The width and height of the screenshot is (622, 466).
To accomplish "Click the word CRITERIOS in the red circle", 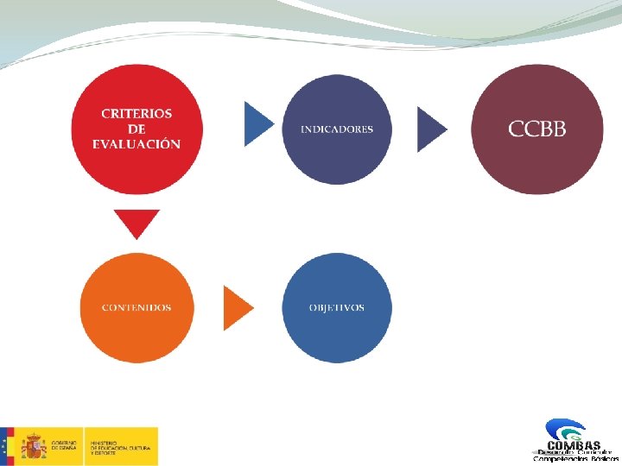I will [136, 113].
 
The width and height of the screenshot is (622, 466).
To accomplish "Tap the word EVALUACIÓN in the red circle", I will [136, 144].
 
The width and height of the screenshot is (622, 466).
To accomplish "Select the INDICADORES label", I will [337, 129].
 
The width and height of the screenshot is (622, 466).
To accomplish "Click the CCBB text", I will [537, 129].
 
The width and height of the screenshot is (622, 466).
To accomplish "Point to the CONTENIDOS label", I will [136, 308].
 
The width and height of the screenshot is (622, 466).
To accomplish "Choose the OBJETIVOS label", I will [337, 308].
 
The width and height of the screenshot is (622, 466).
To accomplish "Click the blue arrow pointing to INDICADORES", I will [257, 124].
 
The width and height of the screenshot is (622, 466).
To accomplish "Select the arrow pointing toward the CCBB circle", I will [431, 129].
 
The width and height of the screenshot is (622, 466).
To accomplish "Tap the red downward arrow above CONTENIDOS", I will [136, 224].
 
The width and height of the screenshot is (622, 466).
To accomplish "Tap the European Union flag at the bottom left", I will [7, 446].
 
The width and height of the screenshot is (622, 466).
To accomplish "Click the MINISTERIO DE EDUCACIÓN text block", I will [122, 446].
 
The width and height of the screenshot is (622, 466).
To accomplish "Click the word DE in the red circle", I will [136, 129].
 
